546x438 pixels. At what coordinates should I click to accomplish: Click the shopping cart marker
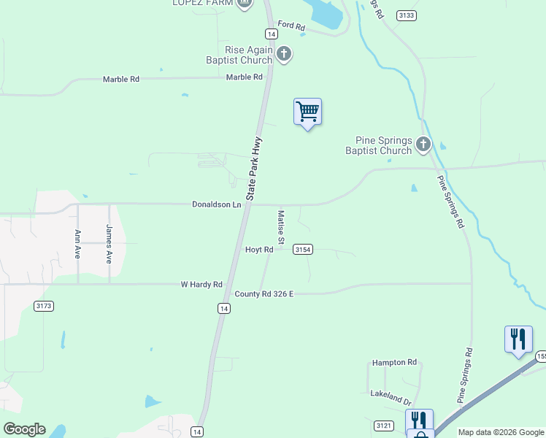click(308, 112)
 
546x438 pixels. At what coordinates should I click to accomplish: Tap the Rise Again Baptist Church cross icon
click(284, 54)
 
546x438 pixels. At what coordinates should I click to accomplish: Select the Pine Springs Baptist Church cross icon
click(423, 145)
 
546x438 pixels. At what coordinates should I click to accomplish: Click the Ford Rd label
click(291, 26)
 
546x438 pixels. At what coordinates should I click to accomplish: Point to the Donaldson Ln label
click(216, 204)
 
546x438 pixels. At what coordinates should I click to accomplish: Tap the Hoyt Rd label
click(259, 249)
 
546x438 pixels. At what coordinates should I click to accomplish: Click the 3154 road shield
click(303, 250)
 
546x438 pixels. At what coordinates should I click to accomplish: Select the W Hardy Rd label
click(201, 284)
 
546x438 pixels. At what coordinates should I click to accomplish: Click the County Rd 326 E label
click(264, 293)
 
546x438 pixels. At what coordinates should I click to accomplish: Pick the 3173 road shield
click(44, 306)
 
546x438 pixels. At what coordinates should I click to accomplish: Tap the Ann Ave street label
click(78, 245)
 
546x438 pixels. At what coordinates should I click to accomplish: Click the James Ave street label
click(109, 244)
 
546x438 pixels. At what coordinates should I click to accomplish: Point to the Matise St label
click(280, 227)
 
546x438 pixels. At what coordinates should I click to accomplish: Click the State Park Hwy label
click(254, 169)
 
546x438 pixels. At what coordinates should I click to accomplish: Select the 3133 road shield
click(407, 15)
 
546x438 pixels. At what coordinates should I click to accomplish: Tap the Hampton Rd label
click(394, 362)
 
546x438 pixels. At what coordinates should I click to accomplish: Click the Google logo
click(24, 429)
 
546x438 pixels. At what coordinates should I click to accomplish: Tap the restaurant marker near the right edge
click(518, 339)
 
